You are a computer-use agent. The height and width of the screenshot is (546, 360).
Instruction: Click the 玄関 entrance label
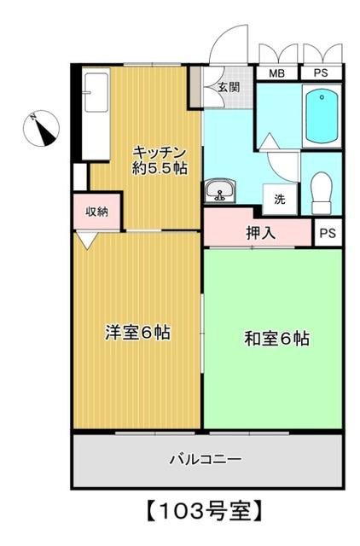tap(227, 86)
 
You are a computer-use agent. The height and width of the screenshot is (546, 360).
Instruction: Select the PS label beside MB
tap(321, 73)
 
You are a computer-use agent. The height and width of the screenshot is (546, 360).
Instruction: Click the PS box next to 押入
tap(327, 232)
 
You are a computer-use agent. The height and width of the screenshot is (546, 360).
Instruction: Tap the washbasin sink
tap(220, 191)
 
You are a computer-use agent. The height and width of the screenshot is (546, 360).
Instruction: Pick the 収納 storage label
tap(96, 212)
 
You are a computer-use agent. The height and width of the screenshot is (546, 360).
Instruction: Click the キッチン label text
tap(159, 152)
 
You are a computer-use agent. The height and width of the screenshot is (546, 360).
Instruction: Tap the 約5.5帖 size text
tap(159, 168)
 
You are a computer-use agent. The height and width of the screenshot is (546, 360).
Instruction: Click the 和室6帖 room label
tap(276, 339)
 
